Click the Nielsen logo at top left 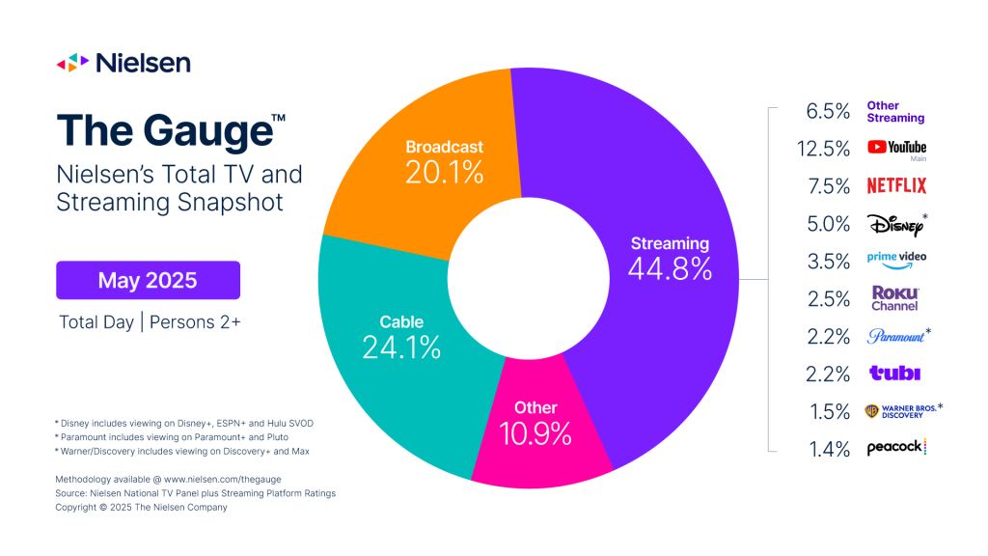tap(123, 63)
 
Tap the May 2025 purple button tap(148, 281)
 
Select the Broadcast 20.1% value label tap(444, 171)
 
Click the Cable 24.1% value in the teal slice tap(401, 346)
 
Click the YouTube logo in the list tap(896, 149)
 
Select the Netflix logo tap(896, 185)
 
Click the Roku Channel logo tap(895, 297)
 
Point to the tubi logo tap(894, 373)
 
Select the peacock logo tap(896, 447)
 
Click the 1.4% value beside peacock tap(829, 447)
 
